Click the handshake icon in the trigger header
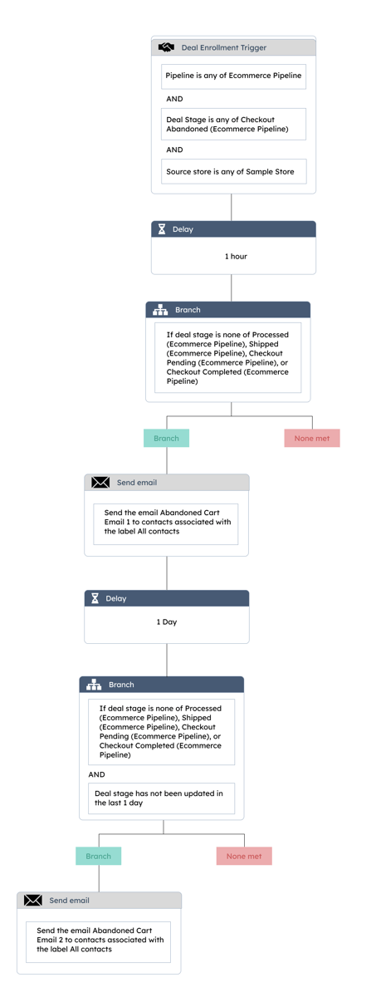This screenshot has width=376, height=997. pos(166,47)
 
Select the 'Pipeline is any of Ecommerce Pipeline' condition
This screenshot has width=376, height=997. pos(233,76)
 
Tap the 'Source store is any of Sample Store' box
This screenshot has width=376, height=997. pos(233,171)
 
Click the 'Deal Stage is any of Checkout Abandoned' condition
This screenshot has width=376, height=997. pos(233,124)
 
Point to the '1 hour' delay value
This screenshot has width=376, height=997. pos(236,257)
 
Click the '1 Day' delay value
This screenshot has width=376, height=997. pos(167,621)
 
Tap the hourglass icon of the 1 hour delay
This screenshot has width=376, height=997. pos(162,229)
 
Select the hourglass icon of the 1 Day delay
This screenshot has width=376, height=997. pos(95,598)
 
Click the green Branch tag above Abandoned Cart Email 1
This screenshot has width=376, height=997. pos(166,438)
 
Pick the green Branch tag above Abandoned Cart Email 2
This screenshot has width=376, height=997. pos(98,856)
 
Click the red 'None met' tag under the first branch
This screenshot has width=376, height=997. pos(312,438)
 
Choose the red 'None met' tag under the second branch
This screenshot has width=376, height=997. pos(244,856)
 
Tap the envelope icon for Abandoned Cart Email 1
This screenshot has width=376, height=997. pos(100,483)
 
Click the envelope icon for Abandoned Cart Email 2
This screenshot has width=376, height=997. pos(33,901)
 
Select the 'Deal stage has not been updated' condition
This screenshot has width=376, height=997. pos(161,798)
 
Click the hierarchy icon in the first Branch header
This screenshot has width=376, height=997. pos(160,310)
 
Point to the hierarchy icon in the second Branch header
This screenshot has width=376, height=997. pos(94,685)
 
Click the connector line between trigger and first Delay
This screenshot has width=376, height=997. pos(231,208)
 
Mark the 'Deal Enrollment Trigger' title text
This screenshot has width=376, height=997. pos(223,47)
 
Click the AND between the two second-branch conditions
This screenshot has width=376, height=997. pos(96,774)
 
